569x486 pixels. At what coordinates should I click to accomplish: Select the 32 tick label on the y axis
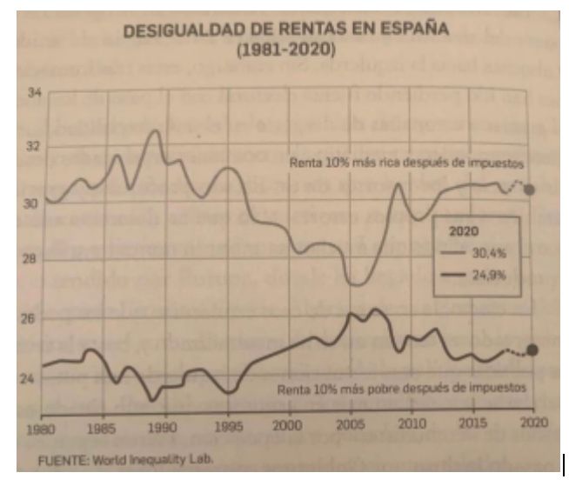(x=34, y=146)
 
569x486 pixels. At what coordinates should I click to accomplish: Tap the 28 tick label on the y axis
(x=34, y=259)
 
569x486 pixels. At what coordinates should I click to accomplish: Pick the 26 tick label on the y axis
(x=34, y=319)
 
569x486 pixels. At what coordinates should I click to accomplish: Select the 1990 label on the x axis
(x=164, y=429)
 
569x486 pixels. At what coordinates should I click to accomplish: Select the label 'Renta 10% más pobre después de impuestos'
(x=401, y=389)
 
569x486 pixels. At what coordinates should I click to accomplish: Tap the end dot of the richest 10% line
(x=532, y=190)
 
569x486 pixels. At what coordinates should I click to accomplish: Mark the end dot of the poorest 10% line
(x=532, y=350)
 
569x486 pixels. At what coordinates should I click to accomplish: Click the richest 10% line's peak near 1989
(x=155, y=130)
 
